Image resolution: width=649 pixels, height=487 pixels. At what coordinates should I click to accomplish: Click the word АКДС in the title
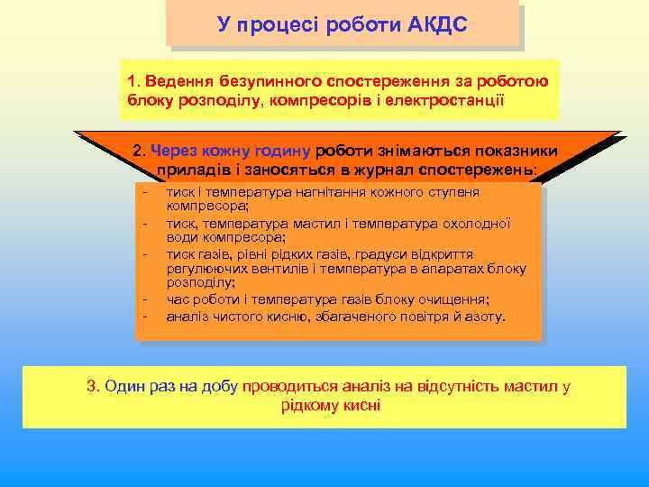point(436,24)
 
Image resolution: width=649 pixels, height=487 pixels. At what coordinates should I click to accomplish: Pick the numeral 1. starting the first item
point(133,81)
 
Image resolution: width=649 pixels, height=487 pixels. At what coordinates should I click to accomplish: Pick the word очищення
point(453,300)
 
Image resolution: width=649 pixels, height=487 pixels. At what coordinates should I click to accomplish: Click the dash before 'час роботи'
point(143,300)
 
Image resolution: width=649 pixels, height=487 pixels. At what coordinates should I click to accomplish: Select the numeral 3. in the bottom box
point(92,387)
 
